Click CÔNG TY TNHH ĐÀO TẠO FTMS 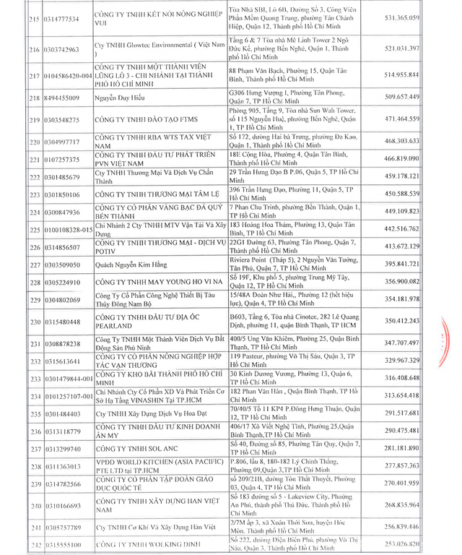tap(149, 119)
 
